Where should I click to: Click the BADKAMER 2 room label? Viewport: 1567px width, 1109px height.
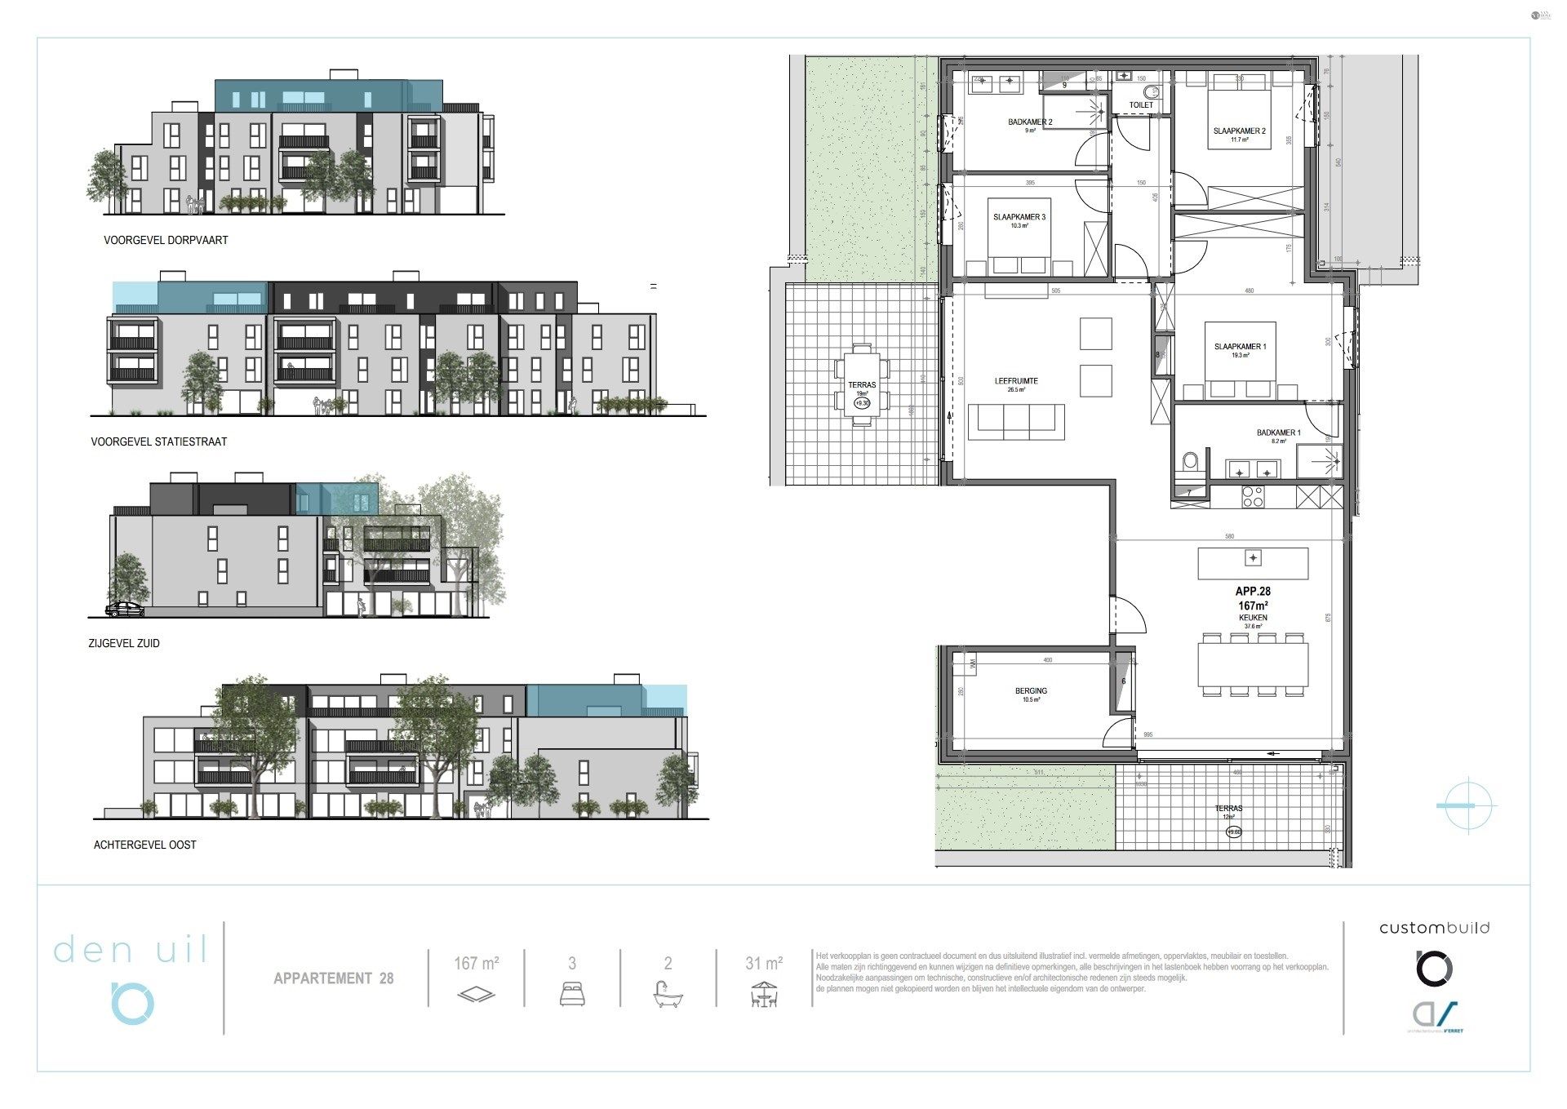click(1029, 122)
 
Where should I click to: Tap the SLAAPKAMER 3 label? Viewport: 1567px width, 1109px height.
click(1019, 217)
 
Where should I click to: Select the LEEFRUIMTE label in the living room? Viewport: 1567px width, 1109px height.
click(1015, 381)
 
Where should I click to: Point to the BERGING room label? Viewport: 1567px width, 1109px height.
click(1031, 691)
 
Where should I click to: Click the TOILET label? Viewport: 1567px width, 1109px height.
click(1141, 105)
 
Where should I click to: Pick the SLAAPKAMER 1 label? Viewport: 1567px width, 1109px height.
click(1240, 347)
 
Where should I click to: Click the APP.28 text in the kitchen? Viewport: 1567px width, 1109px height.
click(1253, 592)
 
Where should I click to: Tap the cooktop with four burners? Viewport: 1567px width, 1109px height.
click(1253, 497)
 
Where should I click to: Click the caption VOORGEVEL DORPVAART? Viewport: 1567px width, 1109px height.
click(166, 241)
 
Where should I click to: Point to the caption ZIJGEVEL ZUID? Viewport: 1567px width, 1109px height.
click(124, 644)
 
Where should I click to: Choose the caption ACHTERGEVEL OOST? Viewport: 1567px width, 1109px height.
click(145, 845)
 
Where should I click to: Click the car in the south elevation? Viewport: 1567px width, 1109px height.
click(125, 609)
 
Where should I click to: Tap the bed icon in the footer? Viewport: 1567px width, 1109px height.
click(572, 994)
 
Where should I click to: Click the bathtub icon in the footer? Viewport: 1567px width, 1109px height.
click(668, 995)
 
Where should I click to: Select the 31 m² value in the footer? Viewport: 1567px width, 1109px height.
click(764, 964)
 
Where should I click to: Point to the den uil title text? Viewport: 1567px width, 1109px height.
click(131, 950)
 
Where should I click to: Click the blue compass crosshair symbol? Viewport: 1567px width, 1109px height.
click(1467, 805)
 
